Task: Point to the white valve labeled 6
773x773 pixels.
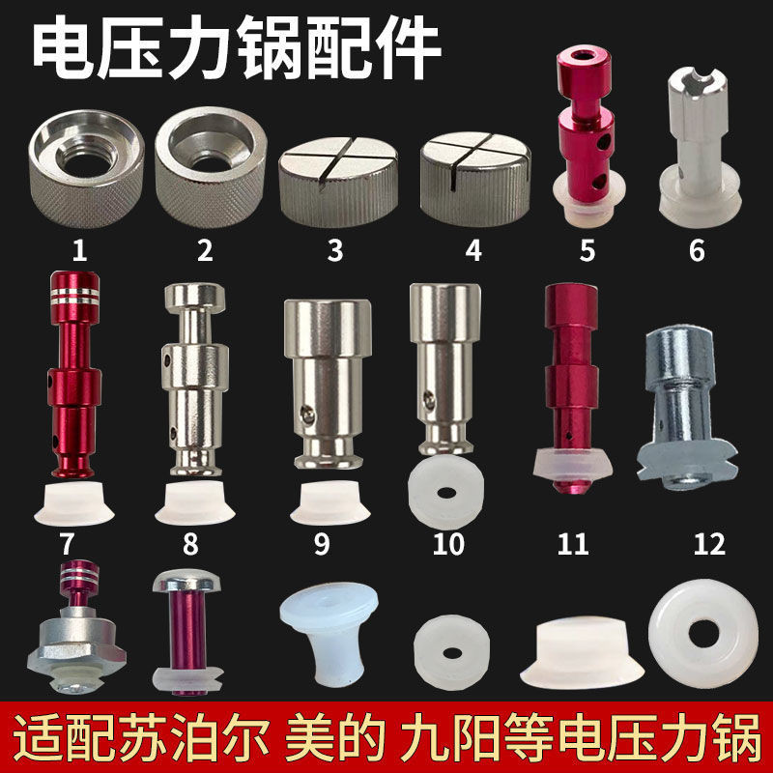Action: point(697,155)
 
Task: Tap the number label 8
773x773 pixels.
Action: point(190,544)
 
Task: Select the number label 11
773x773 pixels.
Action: point(573,544)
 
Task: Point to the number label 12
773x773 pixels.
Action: point(708,544)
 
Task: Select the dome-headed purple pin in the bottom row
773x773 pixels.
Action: point(186,629)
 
